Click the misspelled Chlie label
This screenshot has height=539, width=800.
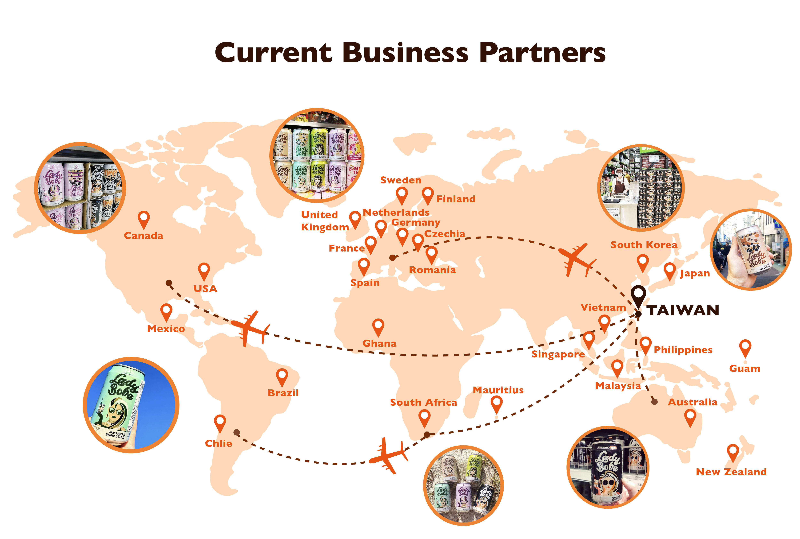[219, 443]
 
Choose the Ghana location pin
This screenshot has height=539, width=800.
[378, 327]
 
